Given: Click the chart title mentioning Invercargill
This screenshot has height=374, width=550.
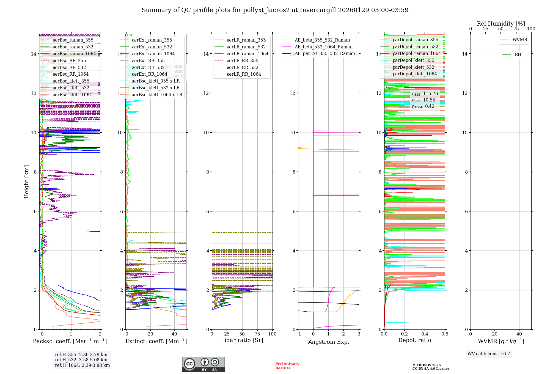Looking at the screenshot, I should pyautogui.click(x=275, y=10).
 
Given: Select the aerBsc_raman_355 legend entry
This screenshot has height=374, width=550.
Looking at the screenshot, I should pyautogui.click(x=73, y=40).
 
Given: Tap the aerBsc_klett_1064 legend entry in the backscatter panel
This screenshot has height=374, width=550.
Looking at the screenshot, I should pyautogui.click(x=72, y=95).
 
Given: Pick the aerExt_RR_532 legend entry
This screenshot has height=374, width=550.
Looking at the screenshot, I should pyautogui.click(x=148, y=68).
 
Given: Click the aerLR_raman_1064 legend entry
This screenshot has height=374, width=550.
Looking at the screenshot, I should pyautogui.click(x=247, y=54).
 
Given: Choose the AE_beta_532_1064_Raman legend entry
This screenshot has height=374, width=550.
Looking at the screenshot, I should pyautogui.click(x=323, y=47).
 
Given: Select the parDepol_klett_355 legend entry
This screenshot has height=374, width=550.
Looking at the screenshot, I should pyautogui.click(x=413, y=61).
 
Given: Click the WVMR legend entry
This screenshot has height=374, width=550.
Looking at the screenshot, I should pyautogui.click(x=519, y=40).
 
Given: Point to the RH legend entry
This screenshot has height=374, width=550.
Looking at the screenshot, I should pyautogui.click(x=518, y=55).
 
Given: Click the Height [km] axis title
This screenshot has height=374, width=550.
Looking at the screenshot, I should pyautogui.click(x=26, y=182).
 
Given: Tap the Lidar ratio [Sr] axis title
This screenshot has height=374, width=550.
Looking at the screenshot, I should pyautogui.click(x=242, y=340).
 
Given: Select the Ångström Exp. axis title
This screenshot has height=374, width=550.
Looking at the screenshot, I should pyautogui.click(x=328, y=342).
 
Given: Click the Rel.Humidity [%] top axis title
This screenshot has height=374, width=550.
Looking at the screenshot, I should pyautogui.click(x=501, y=24).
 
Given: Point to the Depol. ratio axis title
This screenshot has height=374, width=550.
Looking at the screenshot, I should pyautogui.click(x=414, y=340).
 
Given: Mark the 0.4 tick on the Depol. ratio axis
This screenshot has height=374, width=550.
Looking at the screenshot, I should pyautogui.click(x=425, y=334).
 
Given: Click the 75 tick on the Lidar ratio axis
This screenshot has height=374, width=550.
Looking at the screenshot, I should pyautogui.click(x=257, y=334).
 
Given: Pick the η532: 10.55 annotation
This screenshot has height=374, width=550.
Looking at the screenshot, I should pyautogui.click(x=424, y=100).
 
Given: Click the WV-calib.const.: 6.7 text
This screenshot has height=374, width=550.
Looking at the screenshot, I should pyautogui.click(x=489, y=354).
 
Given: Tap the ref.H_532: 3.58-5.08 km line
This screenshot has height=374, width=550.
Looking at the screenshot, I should pyautogui.click(x=81, y=360).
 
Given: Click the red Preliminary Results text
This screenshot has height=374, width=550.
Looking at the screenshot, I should pyautogui.click(x=287, y=366).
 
